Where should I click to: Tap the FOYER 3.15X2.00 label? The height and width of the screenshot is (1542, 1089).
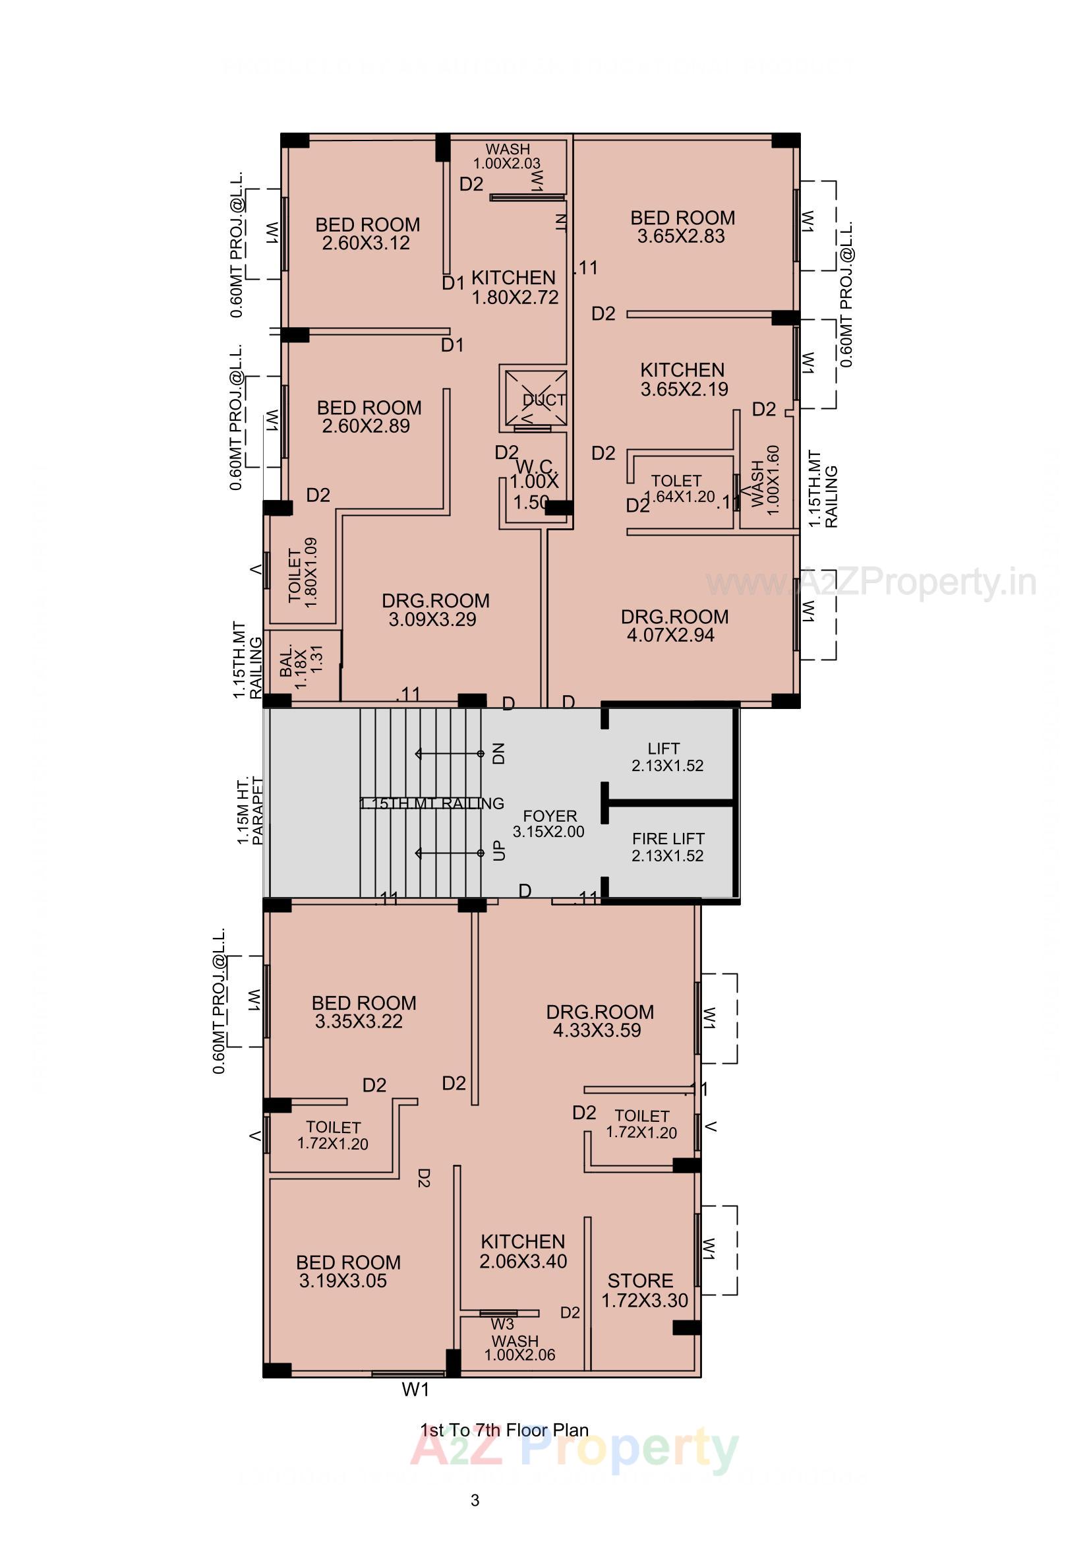pyautogui.click(x=548, y=823)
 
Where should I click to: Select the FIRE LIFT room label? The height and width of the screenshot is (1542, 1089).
pyautogui.click(x=667, y=847)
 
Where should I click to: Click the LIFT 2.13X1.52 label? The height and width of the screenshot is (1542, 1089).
pyautogui.click(x=666, y=757)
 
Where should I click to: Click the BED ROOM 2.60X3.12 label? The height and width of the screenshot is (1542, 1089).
pyautogui.click(x=367, y=233)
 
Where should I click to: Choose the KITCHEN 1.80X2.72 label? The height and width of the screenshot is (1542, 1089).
pyautogui.click(x=514, y=288)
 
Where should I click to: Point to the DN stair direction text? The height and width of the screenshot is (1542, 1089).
pyautogui.click(x=498, y=754)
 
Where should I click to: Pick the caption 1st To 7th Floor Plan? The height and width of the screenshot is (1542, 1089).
pyautogui.click(x=504, y=1430)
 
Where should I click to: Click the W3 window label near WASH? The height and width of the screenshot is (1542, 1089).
pyautogui.click(x=502, y=1324)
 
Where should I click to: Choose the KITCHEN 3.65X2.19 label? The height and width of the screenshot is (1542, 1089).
pyautogui.click(x=683, y=379)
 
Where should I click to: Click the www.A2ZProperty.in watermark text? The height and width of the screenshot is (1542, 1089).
pyautogui.click(x=871, y=582)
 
